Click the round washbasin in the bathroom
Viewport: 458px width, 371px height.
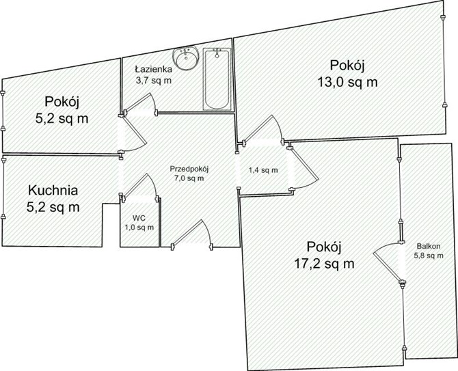185,58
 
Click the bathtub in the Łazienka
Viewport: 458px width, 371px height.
217,79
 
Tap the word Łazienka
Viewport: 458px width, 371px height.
153,69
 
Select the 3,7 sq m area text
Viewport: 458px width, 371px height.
153,80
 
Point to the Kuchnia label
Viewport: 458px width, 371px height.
53,190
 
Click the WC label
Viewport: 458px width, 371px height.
139,218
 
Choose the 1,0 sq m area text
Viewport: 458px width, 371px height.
139,227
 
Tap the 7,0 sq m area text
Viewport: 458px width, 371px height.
189,178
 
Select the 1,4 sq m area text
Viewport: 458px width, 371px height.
263,170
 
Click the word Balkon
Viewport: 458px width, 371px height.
429,246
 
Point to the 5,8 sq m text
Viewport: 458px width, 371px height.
429,256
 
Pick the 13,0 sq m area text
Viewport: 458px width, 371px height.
347,82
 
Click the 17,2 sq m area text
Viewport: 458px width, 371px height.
324,264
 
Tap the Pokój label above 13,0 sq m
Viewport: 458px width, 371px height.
347,65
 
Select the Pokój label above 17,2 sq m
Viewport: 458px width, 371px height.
324,247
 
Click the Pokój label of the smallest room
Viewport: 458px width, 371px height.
62,102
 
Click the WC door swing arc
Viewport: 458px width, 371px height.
153,183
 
